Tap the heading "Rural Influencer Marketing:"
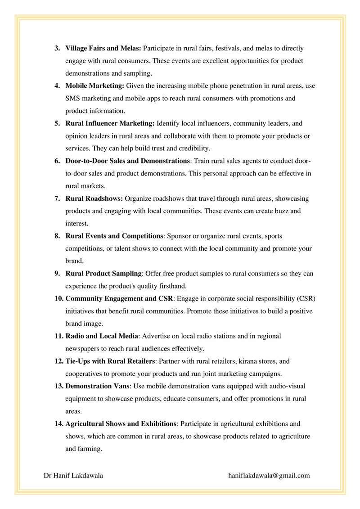(110, 123)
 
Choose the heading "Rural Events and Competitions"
(114, 236)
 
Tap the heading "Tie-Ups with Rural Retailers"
(110, 361)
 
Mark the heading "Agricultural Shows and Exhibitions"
(121, 424)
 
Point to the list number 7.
(58, 198)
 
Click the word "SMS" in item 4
(73, 98)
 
